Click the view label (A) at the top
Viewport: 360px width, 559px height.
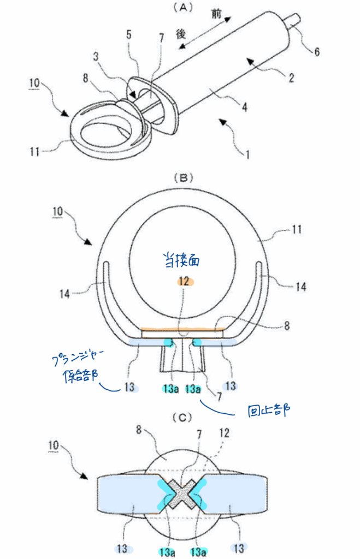click(x=182, y=8)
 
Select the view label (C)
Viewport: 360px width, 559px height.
click(x=182, y=417)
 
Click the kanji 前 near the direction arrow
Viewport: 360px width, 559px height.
click(x=216, y=14)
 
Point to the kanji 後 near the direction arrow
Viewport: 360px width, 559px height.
click(x=181, y=34)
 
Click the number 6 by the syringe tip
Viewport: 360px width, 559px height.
click(x=317, y=52)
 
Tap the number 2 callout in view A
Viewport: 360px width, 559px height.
click(x=291, y=78)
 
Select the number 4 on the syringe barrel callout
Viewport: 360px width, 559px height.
click(x=244, y=107)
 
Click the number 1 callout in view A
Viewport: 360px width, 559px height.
click(x=247, y=154)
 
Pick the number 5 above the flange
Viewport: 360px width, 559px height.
click(x=129, y=34)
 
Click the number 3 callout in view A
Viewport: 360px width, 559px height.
click(x=96, y=56)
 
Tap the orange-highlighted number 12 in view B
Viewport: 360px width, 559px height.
click(x=184, y=282)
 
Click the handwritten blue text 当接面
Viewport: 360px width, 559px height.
click(x=181, y=260)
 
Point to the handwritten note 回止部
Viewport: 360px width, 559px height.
click(x=269, y=411)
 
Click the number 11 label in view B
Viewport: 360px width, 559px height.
click(x=297, y=230)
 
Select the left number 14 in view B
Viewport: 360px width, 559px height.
click(x=64, y=294)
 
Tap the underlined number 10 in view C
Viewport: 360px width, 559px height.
click(x=53, y=445)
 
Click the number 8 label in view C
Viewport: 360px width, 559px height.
click(x=139, y=430)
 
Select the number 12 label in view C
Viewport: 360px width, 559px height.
click(x=224, y=433)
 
